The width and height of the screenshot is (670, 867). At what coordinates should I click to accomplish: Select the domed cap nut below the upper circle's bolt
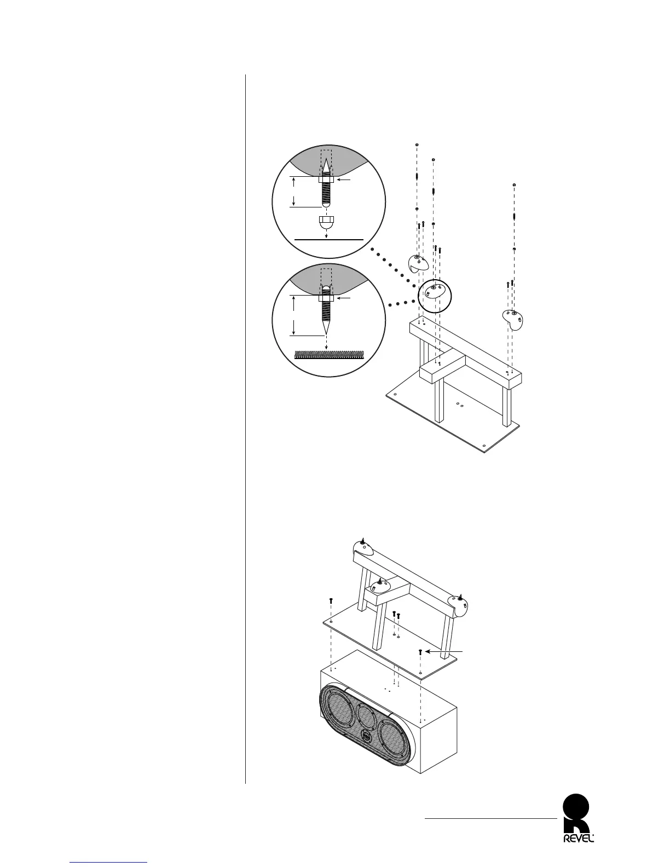coord(326,222)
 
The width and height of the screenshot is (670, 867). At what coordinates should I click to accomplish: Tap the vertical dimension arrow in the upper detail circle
coord(293,192)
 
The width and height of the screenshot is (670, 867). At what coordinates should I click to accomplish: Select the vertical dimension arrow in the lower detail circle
coord(294,315)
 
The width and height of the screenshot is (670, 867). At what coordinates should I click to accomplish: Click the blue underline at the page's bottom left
coord(109,863)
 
